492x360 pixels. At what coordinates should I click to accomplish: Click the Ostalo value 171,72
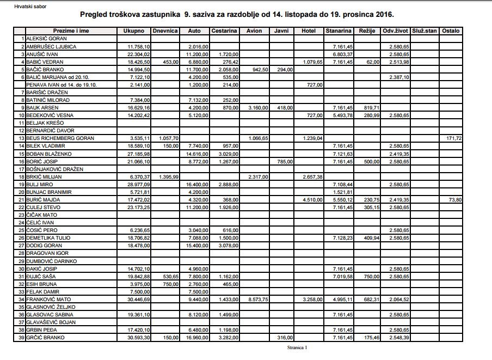tap(453, 138)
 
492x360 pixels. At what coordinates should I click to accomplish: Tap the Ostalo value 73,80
tap(455, 200)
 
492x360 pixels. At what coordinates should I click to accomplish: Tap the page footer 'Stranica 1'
tap(298, 347)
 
